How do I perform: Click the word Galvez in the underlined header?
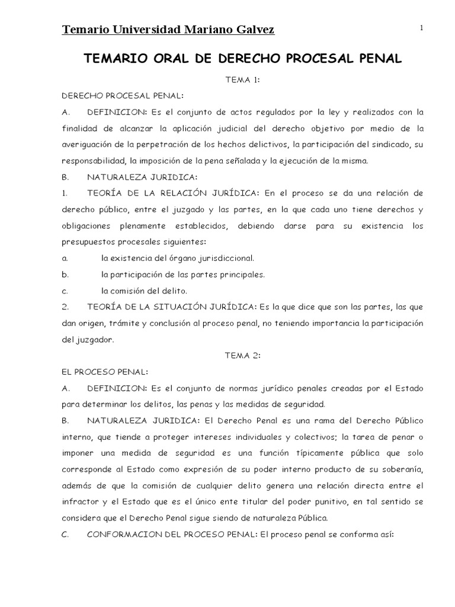(x=250, y=30)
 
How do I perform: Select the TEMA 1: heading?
(x=242, y=80)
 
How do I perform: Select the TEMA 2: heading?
(x=242, y=356)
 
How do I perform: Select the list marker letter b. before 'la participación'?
(x=65, y=274)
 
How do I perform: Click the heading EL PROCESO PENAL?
(x=104, y=372)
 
